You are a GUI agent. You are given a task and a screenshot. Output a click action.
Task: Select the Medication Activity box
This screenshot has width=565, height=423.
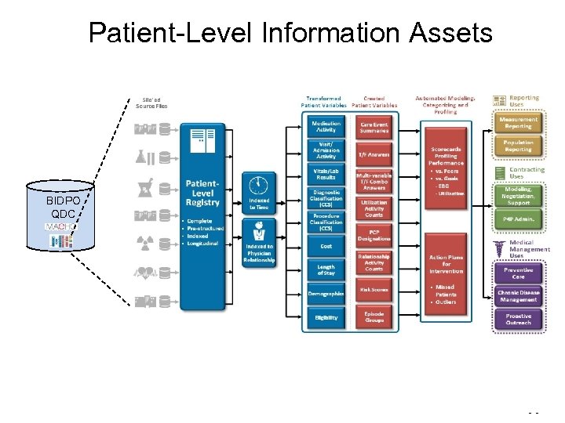[326, 126]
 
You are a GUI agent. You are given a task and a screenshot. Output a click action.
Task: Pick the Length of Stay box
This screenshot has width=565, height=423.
[326, 269]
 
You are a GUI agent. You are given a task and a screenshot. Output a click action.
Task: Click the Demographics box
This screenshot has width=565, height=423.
[326, 294]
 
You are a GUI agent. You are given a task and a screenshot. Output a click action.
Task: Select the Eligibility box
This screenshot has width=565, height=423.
[326, 318]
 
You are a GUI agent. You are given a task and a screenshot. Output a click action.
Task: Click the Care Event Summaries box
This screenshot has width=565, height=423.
[374, 126]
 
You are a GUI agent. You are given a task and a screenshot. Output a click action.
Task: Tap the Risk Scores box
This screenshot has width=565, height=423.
[374, 290]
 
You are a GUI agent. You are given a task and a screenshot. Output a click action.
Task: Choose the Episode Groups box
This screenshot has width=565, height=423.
[374, 316]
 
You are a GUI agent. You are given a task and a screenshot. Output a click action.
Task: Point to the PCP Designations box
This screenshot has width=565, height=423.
[374, 235]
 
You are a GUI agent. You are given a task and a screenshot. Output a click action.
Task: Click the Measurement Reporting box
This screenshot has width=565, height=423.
[518, 124]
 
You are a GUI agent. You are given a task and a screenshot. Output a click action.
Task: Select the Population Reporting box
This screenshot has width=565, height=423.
[518, 146]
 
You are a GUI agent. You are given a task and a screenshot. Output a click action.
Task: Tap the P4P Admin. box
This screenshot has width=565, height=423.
[518, 220]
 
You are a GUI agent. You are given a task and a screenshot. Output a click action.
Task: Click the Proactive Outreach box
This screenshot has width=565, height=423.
[518, 320]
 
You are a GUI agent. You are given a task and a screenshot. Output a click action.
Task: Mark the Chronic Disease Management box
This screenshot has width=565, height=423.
[518, 295]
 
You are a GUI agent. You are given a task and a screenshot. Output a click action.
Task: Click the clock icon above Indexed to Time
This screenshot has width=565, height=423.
[258, 185]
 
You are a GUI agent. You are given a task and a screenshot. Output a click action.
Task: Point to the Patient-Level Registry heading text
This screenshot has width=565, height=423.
[202, 193]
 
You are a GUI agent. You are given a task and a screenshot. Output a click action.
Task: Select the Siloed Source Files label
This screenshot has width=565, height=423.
[151, 103]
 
